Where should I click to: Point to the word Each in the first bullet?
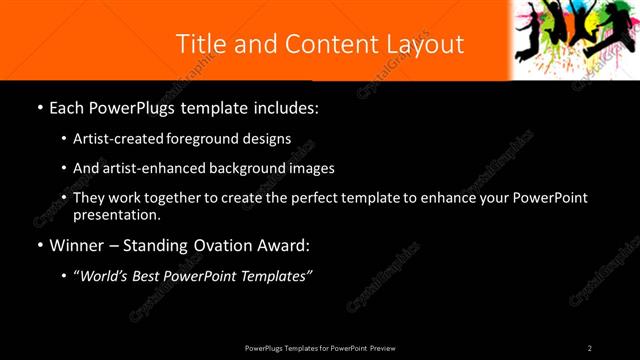point(68,108)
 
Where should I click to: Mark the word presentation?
point(116,215)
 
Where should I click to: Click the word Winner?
point(75,245)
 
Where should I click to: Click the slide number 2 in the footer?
point(590,348)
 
